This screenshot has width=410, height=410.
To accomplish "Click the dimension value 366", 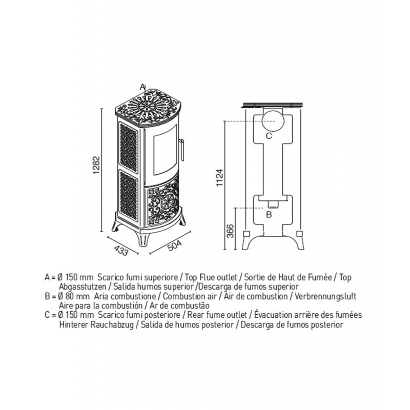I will [230, 232].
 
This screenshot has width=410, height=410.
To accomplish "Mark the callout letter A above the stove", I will [143, 86].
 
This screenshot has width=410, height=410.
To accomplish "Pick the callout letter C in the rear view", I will [269, 136].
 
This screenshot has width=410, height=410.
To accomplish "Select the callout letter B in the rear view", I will [268, 215].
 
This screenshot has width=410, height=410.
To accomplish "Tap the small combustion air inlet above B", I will [273, 203].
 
